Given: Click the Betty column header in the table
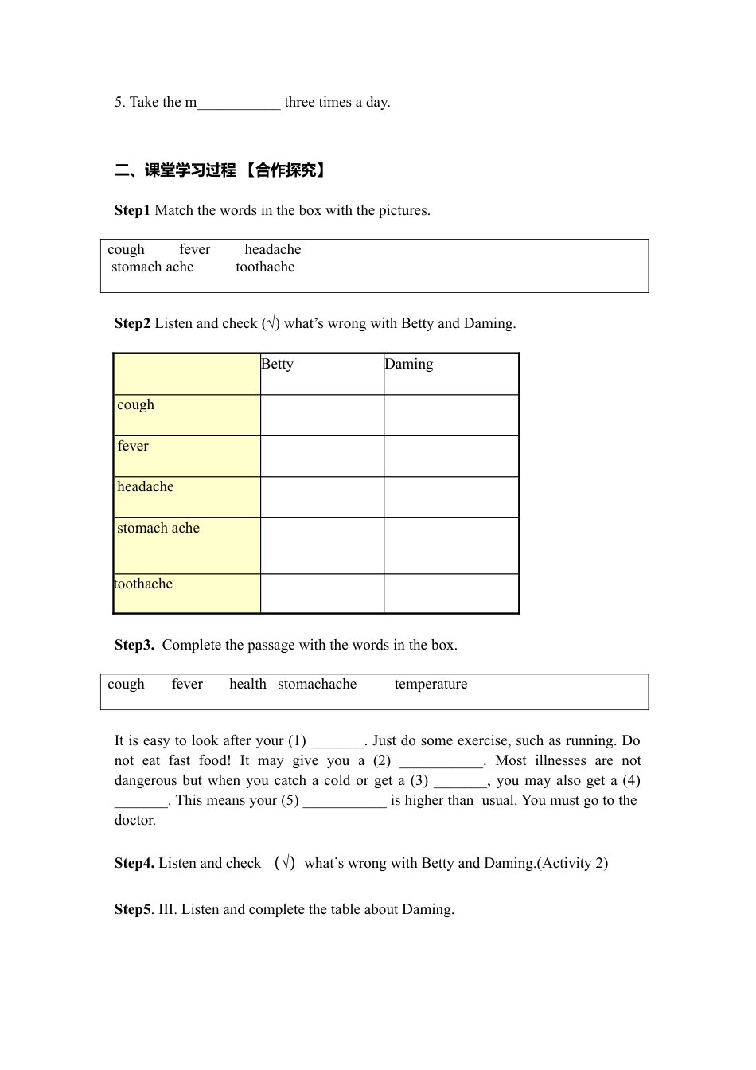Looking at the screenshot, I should point(277,365).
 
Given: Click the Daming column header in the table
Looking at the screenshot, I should point(409,365).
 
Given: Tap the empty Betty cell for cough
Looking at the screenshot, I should point(321,415).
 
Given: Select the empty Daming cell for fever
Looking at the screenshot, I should point(450,456).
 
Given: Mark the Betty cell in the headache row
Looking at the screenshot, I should point(321,497).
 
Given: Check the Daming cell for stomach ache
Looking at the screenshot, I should point(450,545).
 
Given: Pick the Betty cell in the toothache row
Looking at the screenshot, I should point(321,593).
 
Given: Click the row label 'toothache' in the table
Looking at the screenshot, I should point(143,584).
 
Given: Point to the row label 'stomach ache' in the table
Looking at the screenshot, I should point(158,529).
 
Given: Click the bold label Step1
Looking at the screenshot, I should point(132,211).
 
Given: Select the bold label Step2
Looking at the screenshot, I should point(132,324).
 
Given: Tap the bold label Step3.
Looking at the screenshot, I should point(134,646).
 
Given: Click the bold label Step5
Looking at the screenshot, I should point(132,910).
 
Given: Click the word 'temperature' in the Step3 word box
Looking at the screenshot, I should point(431,685).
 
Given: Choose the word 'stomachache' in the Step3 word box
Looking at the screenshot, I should point(317,685).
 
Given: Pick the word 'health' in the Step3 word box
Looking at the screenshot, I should point(247,685).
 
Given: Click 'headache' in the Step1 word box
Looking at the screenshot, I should point(272,250).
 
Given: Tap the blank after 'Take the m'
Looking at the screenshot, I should point(239,103).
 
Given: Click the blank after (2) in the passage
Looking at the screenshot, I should point(441,762).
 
